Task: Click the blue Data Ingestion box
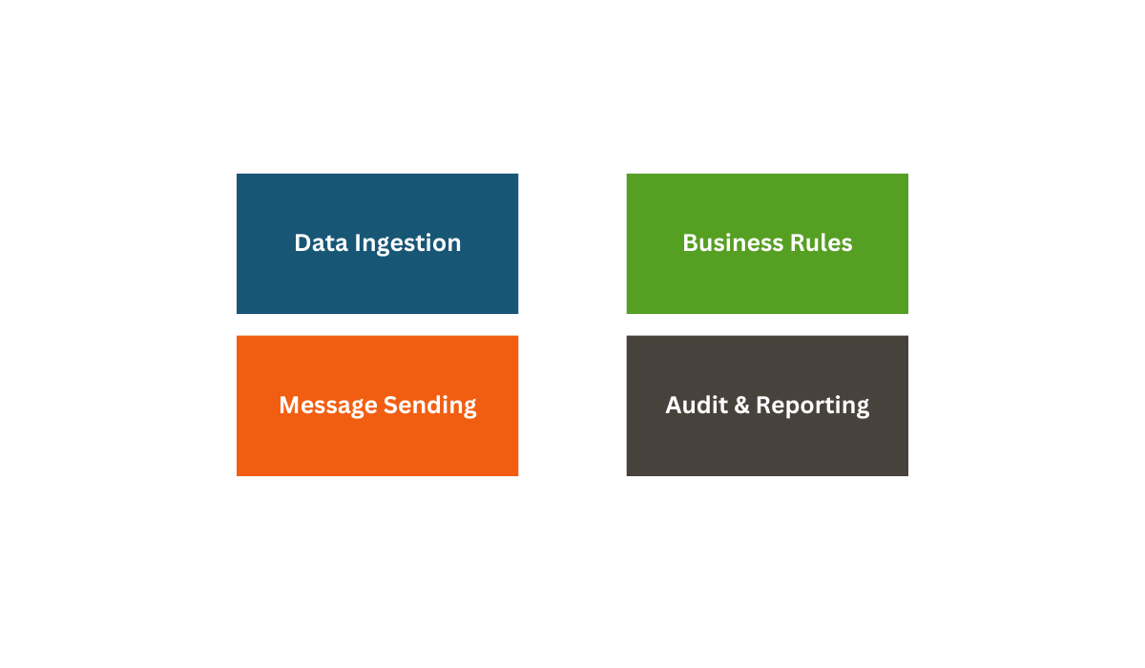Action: pos(377,243)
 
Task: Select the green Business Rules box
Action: pos(767,243)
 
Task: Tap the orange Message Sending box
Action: pos(377,406)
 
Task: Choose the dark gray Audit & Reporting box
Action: pos(767,406)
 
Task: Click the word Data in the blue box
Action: pos(321,242)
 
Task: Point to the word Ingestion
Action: pos(407,244)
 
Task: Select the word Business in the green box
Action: pos(733,242)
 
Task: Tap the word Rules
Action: pos(822,242)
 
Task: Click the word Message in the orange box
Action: pos(328,407)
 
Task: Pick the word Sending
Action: pos(430,407)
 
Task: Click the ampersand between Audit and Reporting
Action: pos(741,406)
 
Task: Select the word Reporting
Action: pos(812,407)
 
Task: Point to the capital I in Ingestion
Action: pos(357,243)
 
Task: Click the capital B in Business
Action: pos(691,243)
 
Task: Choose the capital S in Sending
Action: pos(391,406)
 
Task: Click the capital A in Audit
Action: pos(675,406)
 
